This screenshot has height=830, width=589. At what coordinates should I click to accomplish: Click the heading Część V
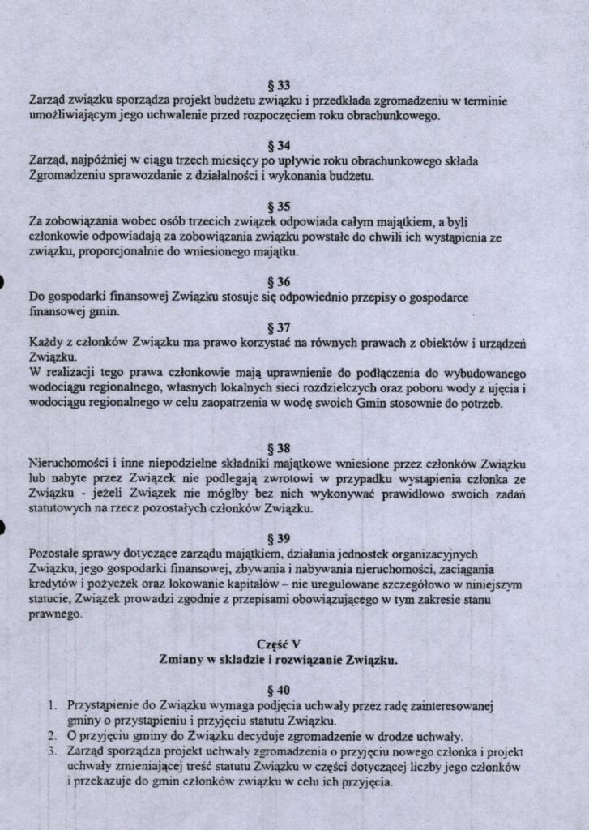pyautogui.click(x=278, y=644)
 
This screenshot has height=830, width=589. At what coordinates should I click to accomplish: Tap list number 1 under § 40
pyautogui.click(x=50, y=705)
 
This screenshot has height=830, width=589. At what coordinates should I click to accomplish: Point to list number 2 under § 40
pyautogui.click(x=50, y=737)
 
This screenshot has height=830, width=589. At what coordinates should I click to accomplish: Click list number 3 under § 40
pyautogui.click(x=50, y=751)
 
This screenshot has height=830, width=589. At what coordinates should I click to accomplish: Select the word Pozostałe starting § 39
pyautogui.click(x=55, y=554)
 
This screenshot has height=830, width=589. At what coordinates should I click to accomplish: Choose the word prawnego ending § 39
pyautogui.click(x=55, y=615)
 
